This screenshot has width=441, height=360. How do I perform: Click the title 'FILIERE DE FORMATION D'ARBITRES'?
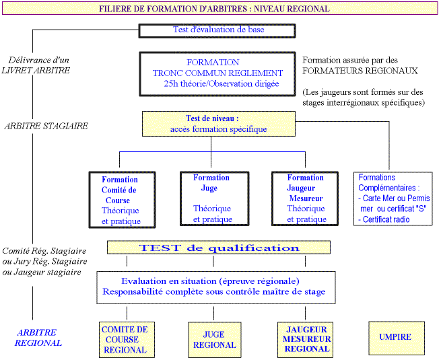(x=214, y=9)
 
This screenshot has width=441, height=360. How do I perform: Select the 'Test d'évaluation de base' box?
(x=218, y=30)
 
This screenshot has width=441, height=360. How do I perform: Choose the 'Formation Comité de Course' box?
(x=121, y=200)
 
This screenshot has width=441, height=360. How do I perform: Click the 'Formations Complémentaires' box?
(x=394, y=199)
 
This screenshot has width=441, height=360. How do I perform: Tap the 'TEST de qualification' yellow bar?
(x=219, y=248)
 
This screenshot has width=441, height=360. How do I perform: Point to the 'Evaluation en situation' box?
(x=215, y=287)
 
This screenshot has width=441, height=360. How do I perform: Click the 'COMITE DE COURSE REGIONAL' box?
(x=125, y=340)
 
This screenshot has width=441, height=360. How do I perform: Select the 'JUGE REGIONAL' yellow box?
(x=215, y=340)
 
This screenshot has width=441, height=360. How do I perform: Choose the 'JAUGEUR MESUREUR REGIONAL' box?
(x=307, y=339)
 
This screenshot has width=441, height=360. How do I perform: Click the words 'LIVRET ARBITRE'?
(x=36, y=70)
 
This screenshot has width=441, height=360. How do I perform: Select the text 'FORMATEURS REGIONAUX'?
(x=360, y=70)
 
